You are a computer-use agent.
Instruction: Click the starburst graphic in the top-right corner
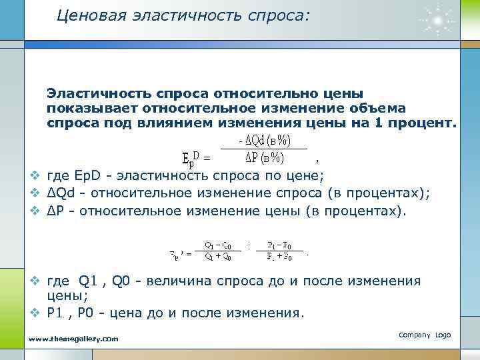click(x=437, y=20)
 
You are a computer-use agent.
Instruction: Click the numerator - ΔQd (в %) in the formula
click(x=265, y=141)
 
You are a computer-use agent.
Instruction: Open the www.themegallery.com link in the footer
click(x=74, y=339)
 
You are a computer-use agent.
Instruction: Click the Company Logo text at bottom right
click(x=425, y=334)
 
